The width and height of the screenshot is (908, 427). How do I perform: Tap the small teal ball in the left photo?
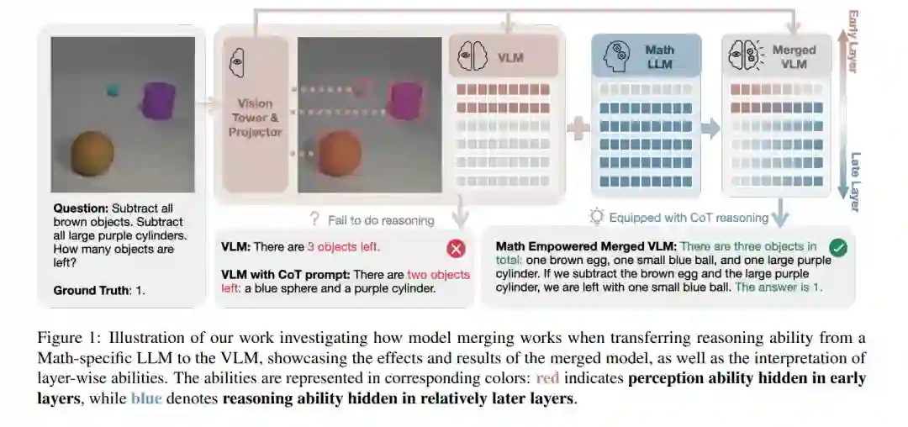coord(112,88)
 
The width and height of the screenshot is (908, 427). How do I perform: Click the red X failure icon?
coord(456,248)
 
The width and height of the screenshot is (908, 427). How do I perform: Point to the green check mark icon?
coord(837,248)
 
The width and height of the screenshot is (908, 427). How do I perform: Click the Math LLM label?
coord(659,56)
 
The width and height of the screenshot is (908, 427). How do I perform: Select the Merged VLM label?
coord(794,56)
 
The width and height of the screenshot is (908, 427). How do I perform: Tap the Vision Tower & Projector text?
coord(256,118)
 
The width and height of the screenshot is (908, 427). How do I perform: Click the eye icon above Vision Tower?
coord(236,61)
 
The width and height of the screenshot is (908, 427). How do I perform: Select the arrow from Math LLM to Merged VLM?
coord(711,129)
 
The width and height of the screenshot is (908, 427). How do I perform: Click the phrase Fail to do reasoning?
coord(380,220)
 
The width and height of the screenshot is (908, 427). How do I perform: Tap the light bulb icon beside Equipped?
coord(596,217)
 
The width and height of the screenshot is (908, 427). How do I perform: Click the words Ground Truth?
coord(87,291)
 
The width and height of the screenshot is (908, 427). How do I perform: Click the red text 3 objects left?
coord(343,247)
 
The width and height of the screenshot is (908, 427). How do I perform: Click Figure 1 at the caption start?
coord(66,338)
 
